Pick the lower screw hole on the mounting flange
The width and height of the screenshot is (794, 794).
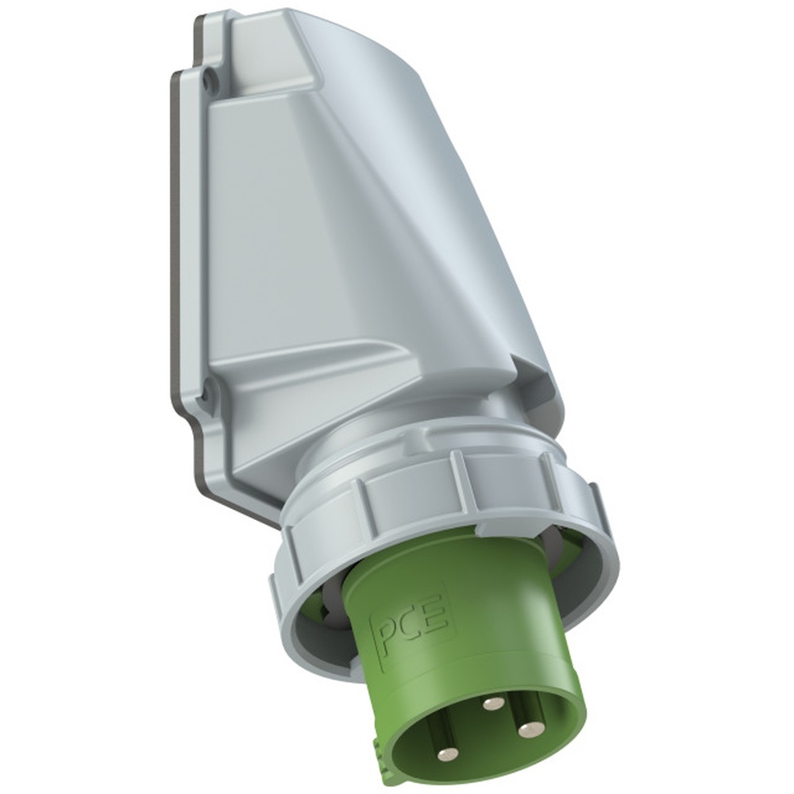click(x=206, y=391)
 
